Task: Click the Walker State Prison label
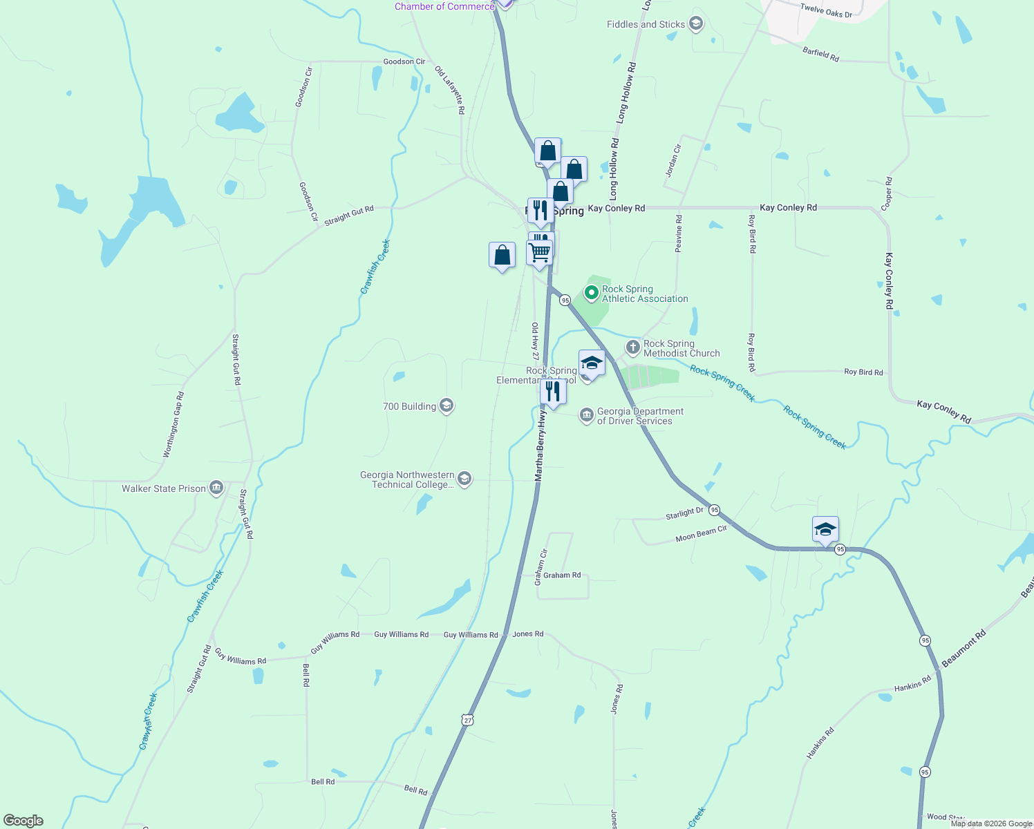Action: pyautogui.click(x=164, y=488)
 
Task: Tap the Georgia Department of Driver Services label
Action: pyautogui.click(x=640, y=416)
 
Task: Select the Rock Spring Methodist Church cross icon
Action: pyautogui.click(x=632, y=347)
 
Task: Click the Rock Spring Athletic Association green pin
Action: pyautogui.click(x=591, y=293)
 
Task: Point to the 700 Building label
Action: pyautogui.click(x=409, y=406)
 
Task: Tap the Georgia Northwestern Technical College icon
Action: pyautogui.click(x=464, y=479)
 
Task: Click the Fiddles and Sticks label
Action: pyautogui.click(x=646, y=24)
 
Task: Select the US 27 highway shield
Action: pyautogui.click(x=468, y=719)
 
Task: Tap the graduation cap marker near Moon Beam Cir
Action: pyautogui.click(x=825, y=530)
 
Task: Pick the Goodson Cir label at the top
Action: pyautogui.click(x=404, y=61)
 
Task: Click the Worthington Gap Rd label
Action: pyautogui.click(x=173, y=425)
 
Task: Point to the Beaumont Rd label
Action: pyautogui.click(x=963, y=648)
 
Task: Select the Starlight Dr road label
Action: pyautogui.click(x=684, y=513)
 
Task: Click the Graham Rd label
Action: pyautogui.click(x=562, y=575)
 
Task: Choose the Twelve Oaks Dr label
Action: pyautogui.click(x=826, y=10)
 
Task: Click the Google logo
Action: pyautogui.click(x=23, y=821)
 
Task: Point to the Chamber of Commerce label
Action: pyautogui.click(x=444, y=6)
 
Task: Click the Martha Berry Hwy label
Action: pyautogui.click(x=540, y=446)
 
